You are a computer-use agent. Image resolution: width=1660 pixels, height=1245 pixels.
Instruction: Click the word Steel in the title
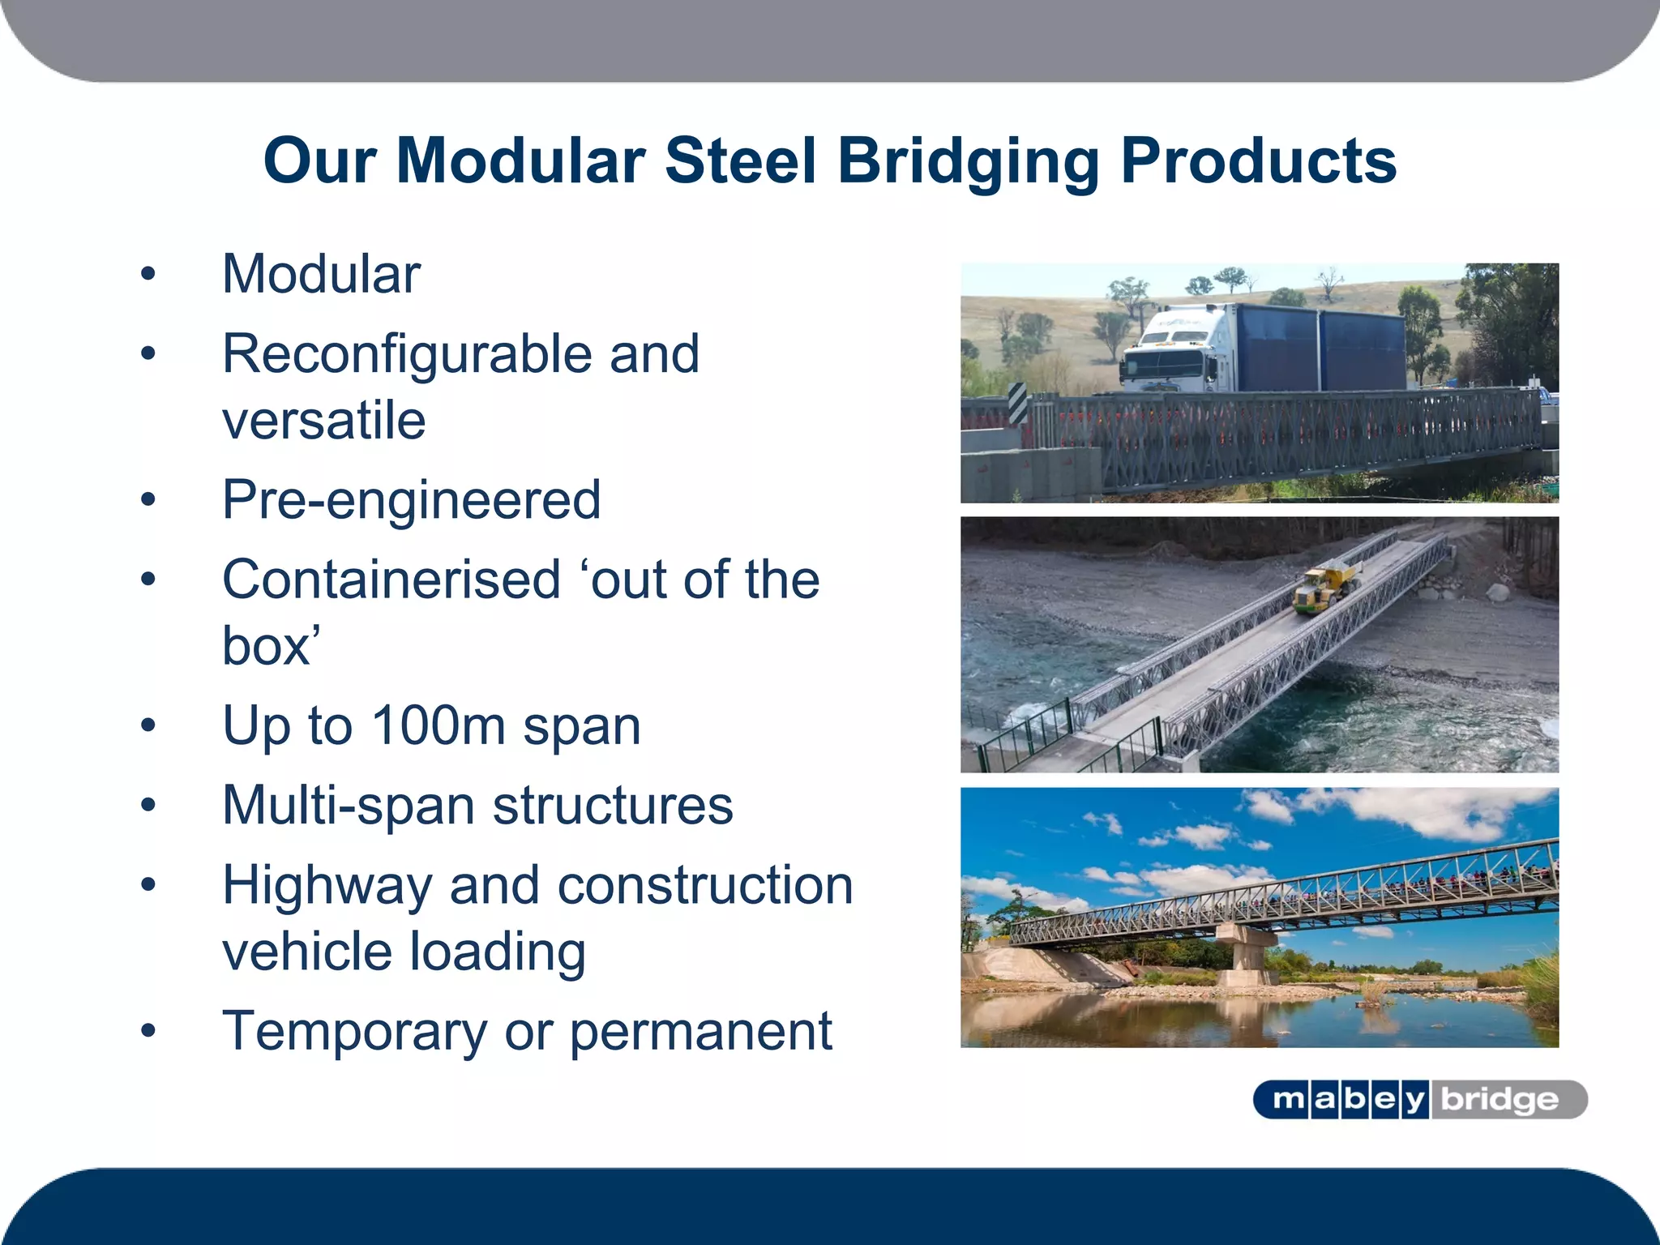point(739,160)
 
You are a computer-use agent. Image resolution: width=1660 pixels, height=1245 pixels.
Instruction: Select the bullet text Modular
point(321,274)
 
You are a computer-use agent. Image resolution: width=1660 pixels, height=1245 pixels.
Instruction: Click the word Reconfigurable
point(407,354)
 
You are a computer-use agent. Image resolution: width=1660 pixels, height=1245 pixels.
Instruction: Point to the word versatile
point(323,420)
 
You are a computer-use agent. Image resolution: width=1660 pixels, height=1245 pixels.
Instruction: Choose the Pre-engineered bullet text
point(411,499)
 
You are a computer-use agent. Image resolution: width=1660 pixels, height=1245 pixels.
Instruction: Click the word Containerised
point(391,580)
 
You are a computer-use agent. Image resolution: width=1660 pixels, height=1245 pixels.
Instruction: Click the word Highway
point(327,884)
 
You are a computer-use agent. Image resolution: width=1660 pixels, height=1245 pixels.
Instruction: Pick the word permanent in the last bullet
point(700,1031)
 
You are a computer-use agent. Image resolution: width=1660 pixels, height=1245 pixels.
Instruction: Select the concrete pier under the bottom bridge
point(1247,956)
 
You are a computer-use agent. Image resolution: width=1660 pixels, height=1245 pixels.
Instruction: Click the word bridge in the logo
point(1500,1100)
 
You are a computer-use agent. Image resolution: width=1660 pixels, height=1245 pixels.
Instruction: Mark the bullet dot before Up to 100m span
point(148,725)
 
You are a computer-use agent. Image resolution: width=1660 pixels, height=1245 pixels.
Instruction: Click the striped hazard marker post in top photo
point(1017,403)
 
